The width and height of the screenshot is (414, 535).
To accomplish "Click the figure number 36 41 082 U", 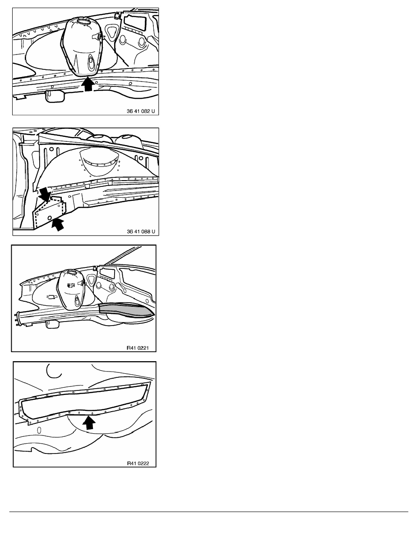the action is coord(140,111).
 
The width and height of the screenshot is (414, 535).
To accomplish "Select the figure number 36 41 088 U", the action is coord(141,231).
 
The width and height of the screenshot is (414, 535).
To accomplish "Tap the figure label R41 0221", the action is coord(138,348).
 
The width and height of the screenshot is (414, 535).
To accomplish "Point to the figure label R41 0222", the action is coord(138,463).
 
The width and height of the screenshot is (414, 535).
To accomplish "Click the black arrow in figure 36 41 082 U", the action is coord(89,84).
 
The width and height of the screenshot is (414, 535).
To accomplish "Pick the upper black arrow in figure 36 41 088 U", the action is coord(44,195).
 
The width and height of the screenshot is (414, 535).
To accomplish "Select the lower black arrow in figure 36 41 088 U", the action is coord(58,225).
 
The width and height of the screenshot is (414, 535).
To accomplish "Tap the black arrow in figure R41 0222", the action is coord(89,423).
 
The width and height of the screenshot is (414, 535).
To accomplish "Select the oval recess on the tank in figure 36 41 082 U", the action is coord(91,62).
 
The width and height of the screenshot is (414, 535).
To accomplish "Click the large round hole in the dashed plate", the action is coord(50,218).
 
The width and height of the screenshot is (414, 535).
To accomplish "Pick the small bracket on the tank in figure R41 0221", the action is coord(71,285).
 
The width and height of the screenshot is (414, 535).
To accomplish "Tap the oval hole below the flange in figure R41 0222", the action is coord(39,430).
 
